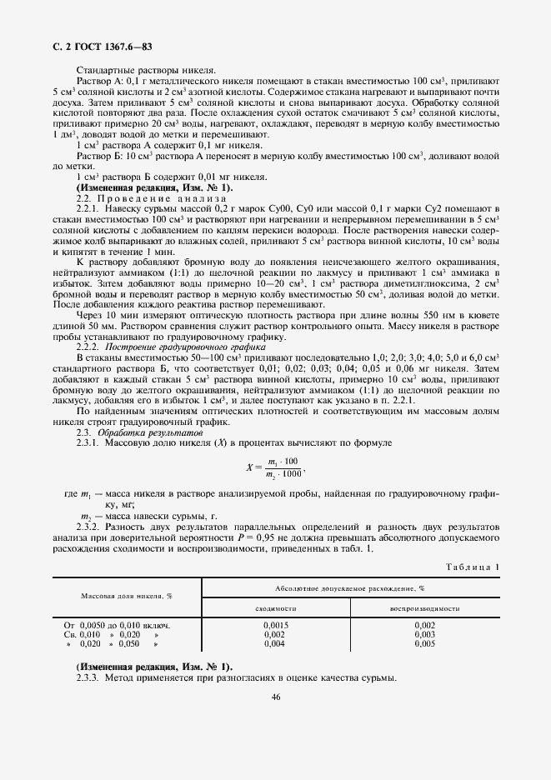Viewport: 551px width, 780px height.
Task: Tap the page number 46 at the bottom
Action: coord(275,697)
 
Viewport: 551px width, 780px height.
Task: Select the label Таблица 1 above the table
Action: coord(473,567)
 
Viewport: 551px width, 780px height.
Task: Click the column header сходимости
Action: coord(275,608)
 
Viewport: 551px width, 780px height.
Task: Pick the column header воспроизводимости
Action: coord(424,608)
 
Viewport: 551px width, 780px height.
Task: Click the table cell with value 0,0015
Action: coord(275,625)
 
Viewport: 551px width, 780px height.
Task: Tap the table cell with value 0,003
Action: coord(424,634)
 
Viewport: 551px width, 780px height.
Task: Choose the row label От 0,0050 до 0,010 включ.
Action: coord(118,625)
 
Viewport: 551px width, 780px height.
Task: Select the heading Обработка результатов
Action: coord(149,434)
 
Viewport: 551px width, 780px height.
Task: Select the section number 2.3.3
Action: coord(88,677)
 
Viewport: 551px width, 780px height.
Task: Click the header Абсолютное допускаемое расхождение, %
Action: coord(349,587)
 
